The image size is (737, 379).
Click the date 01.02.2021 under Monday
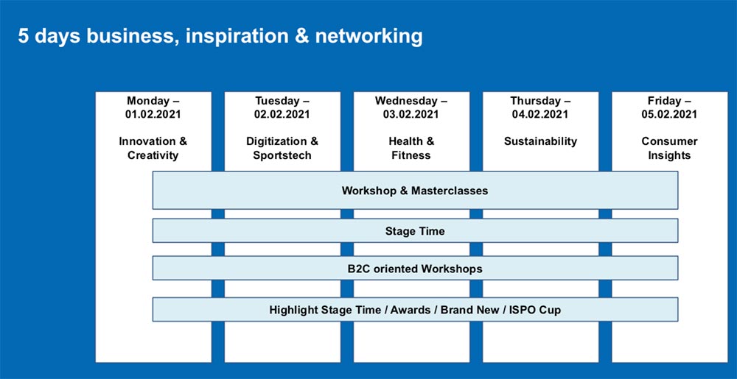tap(153, 114)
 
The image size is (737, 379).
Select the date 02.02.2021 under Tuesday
tap(282, 114)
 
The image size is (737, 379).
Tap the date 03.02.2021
tap(411, 114)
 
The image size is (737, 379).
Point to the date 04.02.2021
tap(540, 114)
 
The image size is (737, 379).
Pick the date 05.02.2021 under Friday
tap(669, 114)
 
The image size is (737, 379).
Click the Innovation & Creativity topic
tap(153, 148)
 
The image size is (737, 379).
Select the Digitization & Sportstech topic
tap(282, 148)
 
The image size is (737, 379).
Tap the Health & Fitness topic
tap(411, 148)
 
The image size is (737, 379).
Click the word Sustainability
tap(540, 141)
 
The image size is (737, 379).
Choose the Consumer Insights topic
tap(669, 148)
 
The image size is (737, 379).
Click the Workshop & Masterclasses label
tap(414, 191)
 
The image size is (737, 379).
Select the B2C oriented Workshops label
tap(414, 269)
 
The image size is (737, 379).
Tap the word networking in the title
tap(369, 37)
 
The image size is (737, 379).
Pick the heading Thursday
tap(536, 101)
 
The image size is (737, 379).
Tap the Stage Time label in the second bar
tap(415, 231)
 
